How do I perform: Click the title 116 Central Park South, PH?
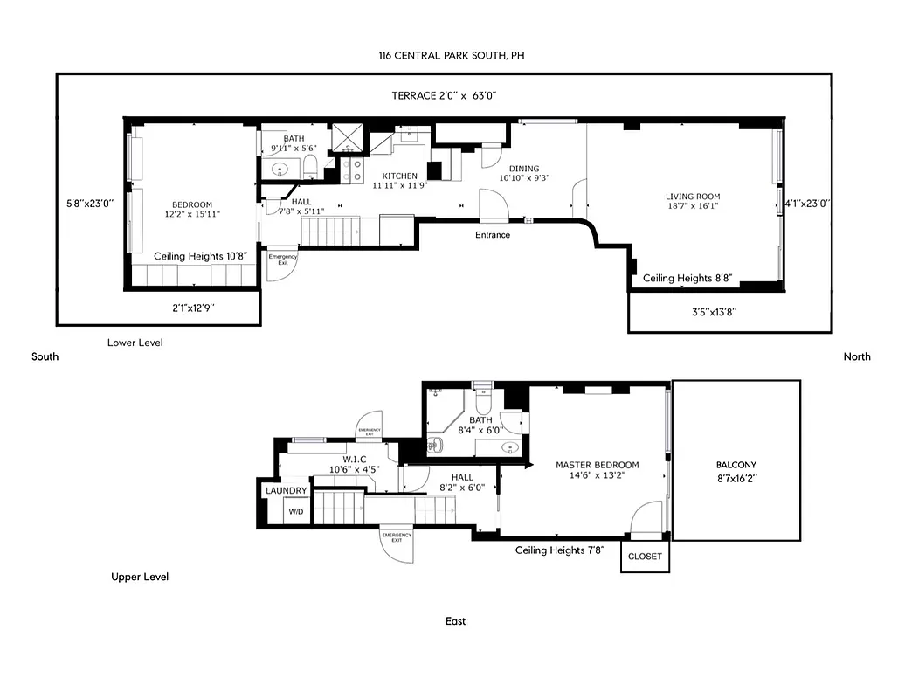[452, 56]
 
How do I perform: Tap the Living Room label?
[693, 197]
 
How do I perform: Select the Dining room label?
[519, 169]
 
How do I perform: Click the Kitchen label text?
[394, 176]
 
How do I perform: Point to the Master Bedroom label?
[598, 465]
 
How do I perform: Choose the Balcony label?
[736, 465]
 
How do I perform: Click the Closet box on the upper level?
[645, 557]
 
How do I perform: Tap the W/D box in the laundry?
[296, 511]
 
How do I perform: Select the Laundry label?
[286, 491]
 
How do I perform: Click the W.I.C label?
[354, 459]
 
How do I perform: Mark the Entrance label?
[493, 235]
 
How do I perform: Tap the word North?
[856, 356]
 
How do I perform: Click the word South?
[45, 356]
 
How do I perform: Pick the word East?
[455, 621]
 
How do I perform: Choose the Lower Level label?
[135, 343]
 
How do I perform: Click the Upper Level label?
[140, 577]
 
